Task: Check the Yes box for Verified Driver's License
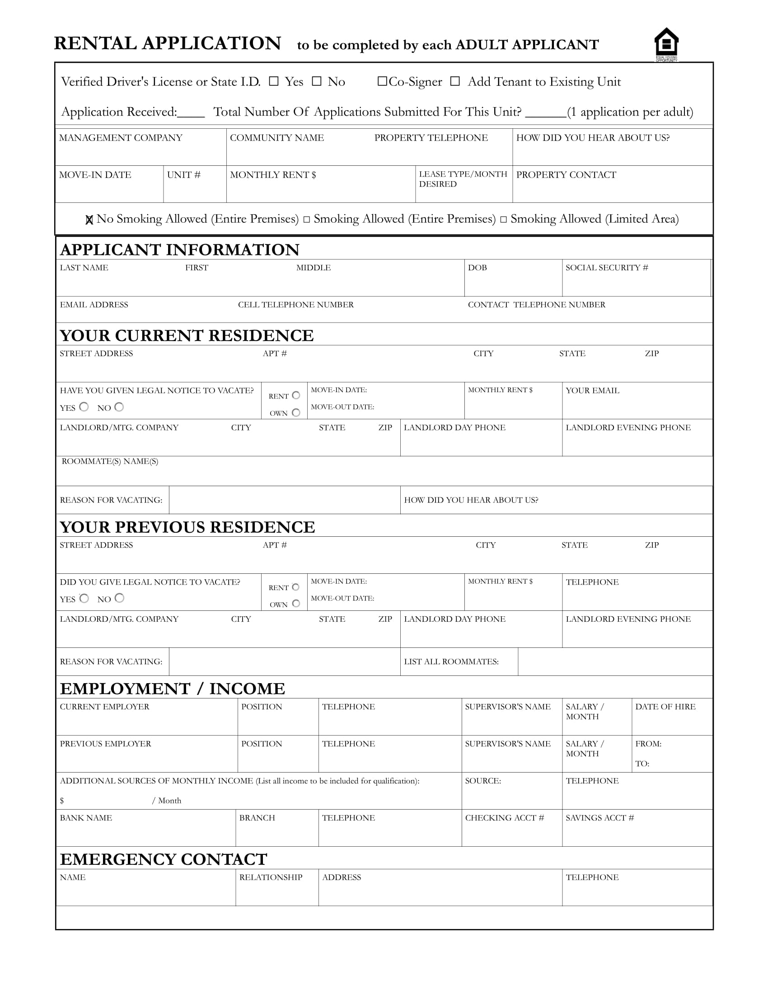(273, 81)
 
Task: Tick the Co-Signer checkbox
(382, 81)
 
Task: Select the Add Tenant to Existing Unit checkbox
(454, 81)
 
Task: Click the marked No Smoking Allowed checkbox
(89, 220)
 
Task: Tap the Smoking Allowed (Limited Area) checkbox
(503, 220)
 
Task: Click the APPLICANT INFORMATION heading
(180, 249)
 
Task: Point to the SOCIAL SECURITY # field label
(606, 267)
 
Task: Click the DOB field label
(477, 267)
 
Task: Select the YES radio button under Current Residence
(84, 407)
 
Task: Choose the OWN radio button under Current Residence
(296, 413)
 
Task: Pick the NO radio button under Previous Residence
(119, 598)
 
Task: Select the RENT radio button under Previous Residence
(296, 586)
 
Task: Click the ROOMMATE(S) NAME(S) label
(110, 461)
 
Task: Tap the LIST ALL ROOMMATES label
(451, 661)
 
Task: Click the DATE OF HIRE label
(665, 706)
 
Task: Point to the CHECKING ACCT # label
(504, 817)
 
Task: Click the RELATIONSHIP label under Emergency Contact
(271, 877)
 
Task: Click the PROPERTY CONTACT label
(566, 175)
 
